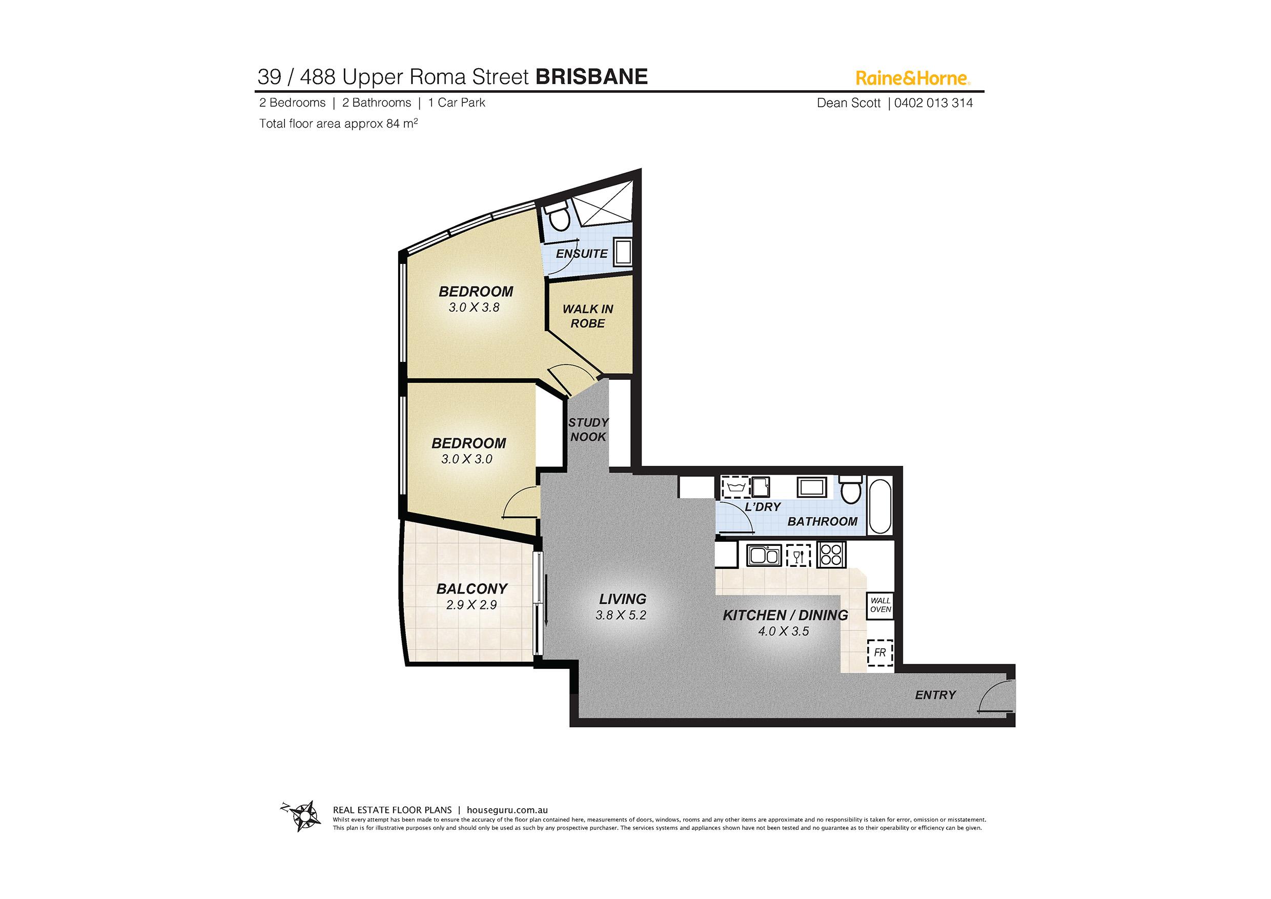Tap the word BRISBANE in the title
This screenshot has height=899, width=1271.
(592, 76)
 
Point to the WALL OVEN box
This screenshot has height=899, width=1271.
(880, 605)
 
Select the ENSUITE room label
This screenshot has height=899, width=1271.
(582, 254)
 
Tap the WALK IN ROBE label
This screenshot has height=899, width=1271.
(588, 316)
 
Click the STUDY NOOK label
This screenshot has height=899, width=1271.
(588, 430)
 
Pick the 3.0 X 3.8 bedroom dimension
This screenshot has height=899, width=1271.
(475, 308)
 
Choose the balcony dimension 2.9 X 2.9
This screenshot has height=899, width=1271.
(471, 605)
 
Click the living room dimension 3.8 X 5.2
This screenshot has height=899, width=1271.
(621, 615)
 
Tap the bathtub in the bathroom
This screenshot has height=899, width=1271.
(880, 506)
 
